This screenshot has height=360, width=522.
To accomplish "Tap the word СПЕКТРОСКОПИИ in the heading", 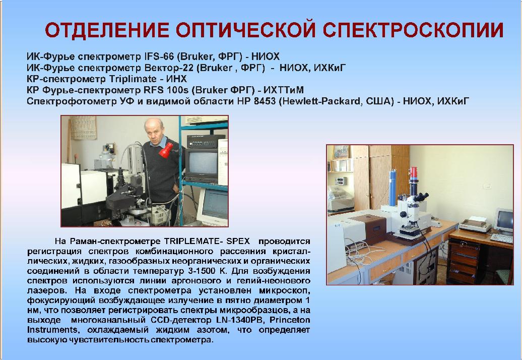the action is coord(413,30).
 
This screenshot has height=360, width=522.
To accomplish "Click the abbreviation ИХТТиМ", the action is coord(283,90).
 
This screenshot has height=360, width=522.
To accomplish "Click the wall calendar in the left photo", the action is coord(83,128).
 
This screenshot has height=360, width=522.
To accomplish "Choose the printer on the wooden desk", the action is coord(475,224).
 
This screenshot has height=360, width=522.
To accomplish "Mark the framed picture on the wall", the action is coord(341,152).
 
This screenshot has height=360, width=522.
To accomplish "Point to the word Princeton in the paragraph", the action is coord(290,320).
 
